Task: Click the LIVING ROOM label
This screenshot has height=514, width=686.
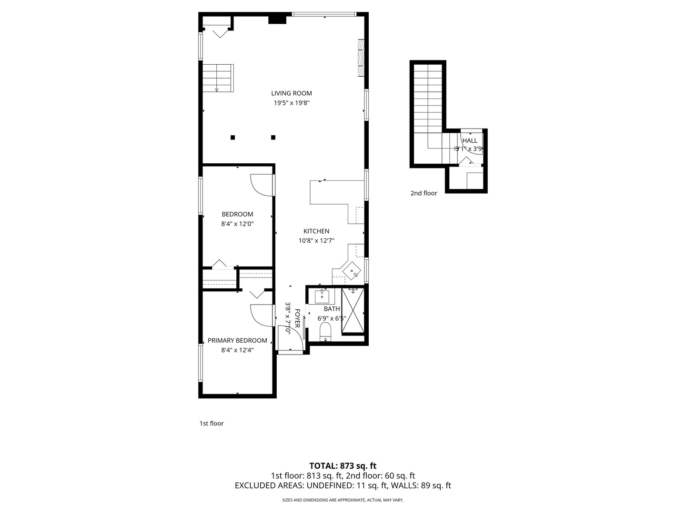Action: pos(291,93)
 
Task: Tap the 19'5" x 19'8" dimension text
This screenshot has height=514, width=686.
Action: pos(291,103)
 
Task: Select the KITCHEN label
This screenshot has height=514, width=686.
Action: pos(316,231)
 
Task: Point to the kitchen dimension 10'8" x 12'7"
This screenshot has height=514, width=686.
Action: pos(316,241)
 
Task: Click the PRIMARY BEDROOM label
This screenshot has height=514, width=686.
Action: pos(237,340)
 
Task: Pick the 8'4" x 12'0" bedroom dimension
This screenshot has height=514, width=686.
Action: pos(237,224)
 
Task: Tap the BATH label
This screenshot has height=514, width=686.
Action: pos(332,309)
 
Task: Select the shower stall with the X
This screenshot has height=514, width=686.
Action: pos(353,311)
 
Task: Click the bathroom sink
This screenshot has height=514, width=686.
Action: pos(322,296)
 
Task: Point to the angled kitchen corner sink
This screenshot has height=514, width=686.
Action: pos(352,271)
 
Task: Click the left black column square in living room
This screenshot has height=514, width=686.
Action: pos(232,138)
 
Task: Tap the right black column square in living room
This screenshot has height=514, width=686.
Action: pos(273,138)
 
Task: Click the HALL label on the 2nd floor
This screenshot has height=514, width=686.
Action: pos(470,141)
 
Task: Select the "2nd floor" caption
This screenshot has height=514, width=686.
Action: pos(424,193)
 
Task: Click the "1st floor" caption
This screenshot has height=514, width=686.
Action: pos(212,424)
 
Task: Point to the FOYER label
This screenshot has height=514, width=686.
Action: pos(298,318)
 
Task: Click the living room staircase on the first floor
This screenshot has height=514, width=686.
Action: pos(218,78)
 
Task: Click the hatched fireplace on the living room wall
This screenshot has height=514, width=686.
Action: pos(361,58)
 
